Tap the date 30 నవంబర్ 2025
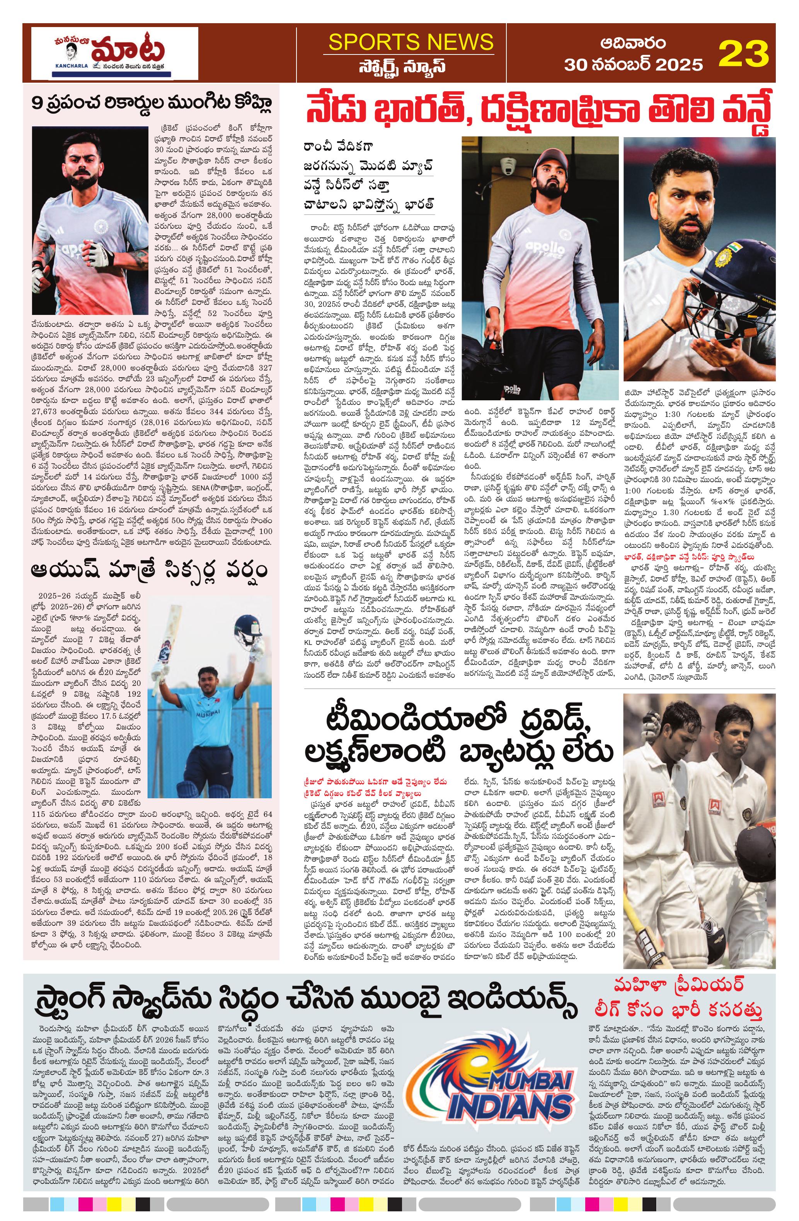pyautogui.click(x=633, y=64)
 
